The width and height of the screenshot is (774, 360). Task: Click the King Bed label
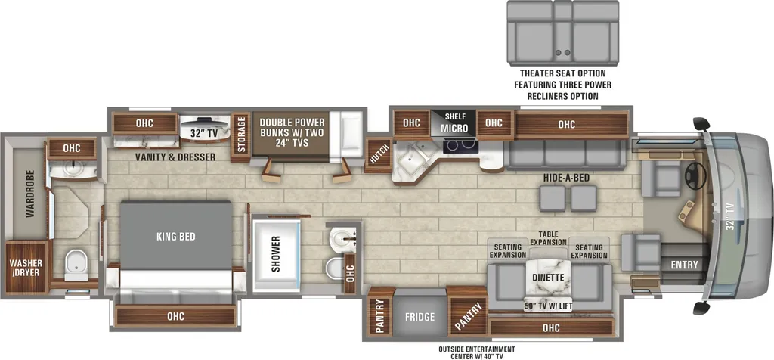point(176,237)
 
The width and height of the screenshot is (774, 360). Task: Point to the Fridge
point(420,316)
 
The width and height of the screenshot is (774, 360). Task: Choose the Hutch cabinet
point(378,156)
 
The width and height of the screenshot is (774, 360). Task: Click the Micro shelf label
point(454,123)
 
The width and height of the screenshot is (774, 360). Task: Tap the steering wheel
point(696,173)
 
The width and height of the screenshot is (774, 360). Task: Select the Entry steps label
point(685,265)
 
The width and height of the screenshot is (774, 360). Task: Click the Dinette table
point(549,280)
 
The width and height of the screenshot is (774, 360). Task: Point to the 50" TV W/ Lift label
point(549,306)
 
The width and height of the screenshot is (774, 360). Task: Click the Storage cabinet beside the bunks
point(241,134)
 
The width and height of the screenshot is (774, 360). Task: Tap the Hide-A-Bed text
point(566,178)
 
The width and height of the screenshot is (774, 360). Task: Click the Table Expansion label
point(549,237)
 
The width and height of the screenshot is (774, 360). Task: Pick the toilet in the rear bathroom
point(76,264)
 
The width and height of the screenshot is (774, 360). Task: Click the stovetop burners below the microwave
point(461,146)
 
